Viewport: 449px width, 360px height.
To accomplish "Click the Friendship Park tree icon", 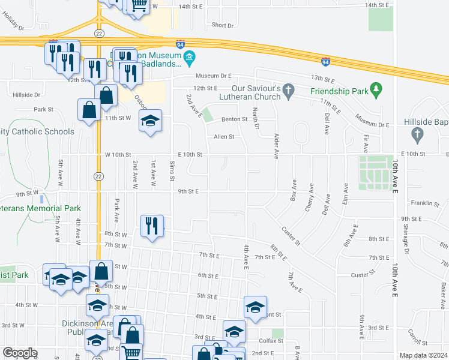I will [x=376, y=91].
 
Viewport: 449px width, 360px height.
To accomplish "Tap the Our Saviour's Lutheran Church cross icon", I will [x=289, y=91].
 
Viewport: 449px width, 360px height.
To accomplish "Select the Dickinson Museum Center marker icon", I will [x=189, y=59].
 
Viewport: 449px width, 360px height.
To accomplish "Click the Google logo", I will [x=20, y=353].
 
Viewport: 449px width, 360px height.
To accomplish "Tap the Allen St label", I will [x=224, y=137].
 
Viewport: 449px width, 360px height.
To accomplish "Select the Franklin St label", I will [x=422, y=203].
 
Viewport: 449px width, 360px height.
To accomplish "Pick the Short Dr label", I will [x=222, y=25].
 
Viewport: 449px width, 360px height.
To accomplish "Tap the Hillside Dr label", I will [x=26, y=95].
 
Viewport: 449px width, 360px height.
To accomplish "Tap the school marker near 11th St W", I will [x=151, y=120].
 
